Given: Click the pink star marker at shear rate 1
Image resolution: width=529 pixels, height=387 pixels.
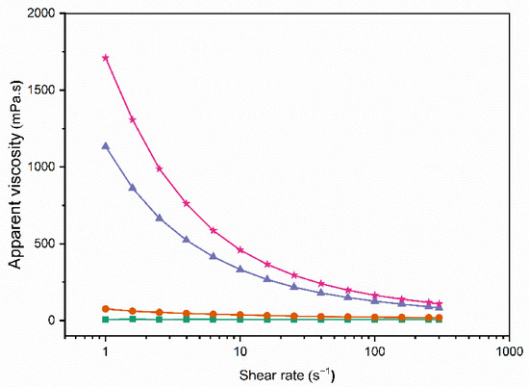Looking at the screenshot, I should point(105,58).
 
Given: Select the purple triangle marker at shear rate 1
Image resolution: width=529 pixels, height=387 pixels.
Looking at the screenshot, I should point(105,146).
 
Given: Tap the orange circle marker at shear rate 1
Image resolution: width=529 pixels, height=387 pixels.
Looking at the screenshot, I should point(105,309).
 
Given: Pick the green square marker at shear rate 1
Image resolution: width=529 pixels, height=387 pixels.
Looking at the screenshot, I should point(105,319).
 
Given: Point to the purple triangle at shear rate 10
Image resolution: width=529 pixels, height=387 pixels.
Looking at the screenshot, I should point(240,269).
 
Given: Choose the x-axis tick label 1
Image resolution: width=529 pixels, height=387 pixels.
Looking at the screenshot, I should point(105,352).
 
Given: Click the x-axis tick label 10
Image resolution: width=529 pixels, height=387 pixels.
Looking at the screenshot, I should point(240,352).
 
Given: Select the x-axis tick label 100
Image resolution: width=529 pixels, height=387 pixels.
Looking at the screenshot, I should point(375,352).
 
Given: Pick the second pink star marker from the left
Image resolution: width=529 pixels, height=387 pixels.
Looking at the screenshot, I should point(132,120).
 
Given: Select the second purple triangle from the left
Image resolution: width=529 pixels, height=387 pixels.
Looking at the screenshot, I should point(132,188).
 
